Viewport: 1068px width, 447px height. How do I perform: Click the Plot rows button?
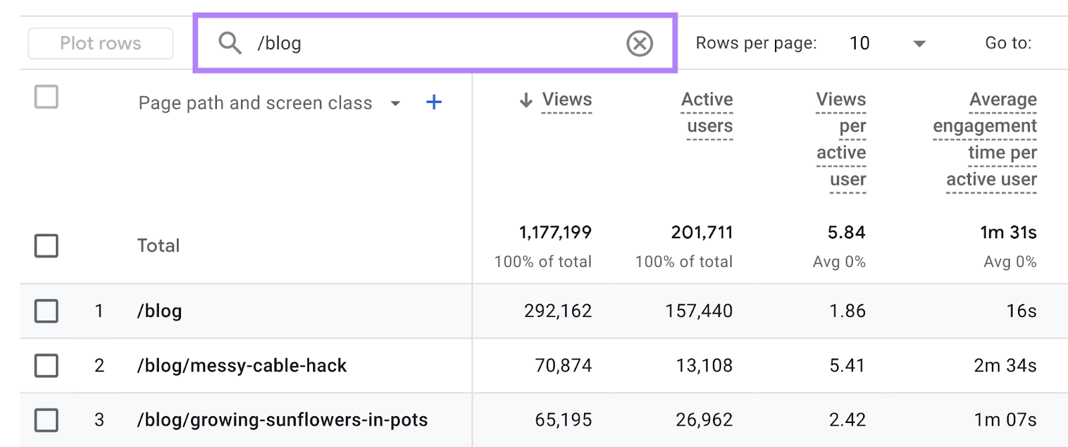(100, 43)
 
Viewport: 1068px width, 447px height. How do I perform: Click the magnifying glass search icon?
(230, 43)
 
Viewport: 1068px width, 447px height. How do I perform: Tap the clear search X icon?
(639, 43)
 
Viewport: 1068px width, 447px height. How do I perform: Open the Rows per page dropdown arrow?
(919, 44)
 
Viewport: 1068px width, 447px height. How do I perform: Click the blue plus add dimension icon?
(434, 102)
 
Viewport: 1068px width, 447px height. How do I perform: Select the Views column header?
(566, 100)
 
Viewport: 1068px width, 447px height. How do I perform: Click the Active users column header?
(708, 112)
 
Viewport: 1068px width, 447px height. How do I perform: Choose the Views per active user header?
(841, 139)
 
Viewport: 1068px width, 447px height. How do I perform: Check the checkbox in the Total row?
(46, 246)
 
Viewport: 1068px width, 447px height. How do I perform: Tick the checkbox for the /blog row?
(46, 311)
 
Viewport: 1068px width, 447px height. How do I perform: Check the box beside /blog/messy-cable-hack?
(46, 366)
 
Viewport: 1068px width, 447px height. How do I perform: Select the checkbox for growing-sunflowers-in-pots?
(46, 420)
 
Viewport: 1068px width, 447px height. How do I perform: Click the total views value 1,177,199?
(555, 232)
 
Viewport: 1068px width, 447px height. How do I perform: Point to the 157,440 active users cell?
(699, 311)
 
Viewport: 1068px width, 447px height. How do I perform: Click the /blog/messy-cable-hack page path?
(242, 366)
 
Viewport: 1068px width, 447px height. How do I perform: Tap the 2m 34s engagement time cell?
(1005, 366)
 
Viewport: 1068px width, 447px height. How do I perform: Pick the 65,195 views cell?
(563, 420)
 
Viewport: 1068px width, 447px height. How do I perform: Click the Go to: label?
(1008, 43)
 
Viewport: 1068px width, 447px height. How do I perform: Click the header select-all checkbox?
(46, 97)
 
